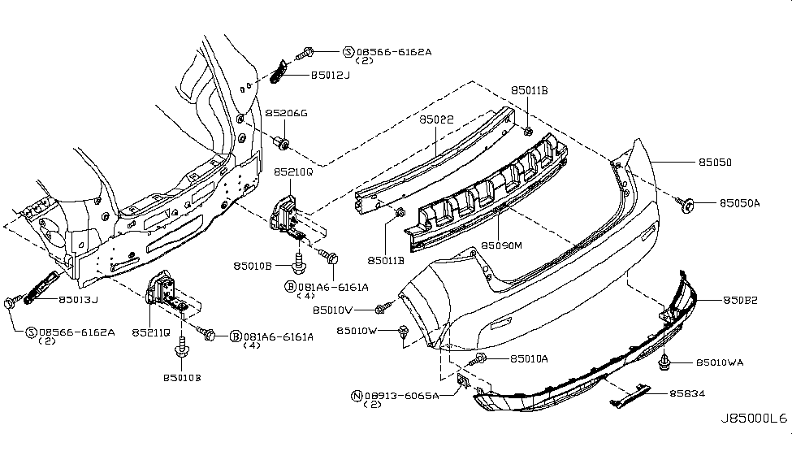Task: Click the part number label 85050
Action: pyautogui.click(x=715, y=163)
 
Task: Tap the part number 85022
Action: pyautogui.click(x=436, y=119)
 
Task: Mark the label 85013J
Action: pyautogui.click(x=79, y=299)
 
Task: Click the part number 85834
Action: pyautogui.click(x=686, y=393)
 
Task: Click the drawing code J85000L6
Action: pyautogui.click(x=753, y=419)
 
